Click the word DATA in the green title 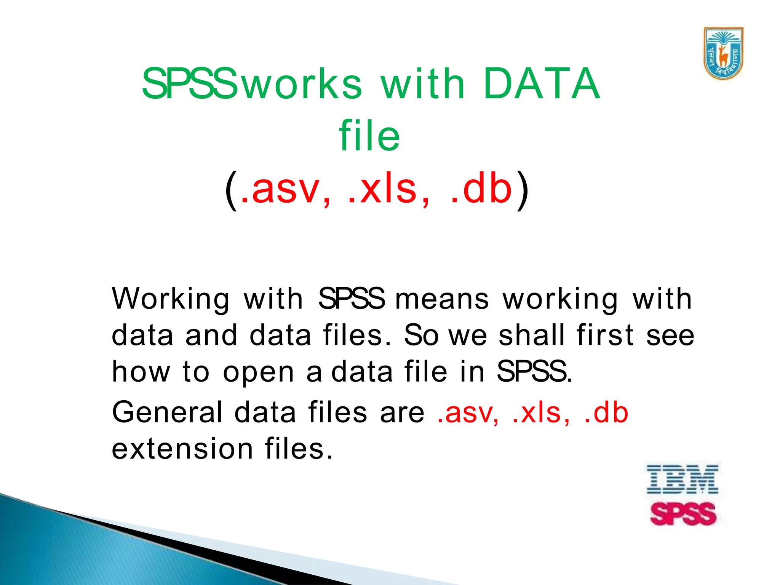(542, 83)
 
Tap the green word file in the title (369, 135)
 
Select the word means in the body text (442, 299)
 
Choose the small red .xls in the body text (541, 413)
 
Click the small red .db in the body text (606, 412)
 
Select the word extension (182, 448)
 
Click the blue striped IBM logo (682, 479)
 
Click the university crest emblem (723, 53)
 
